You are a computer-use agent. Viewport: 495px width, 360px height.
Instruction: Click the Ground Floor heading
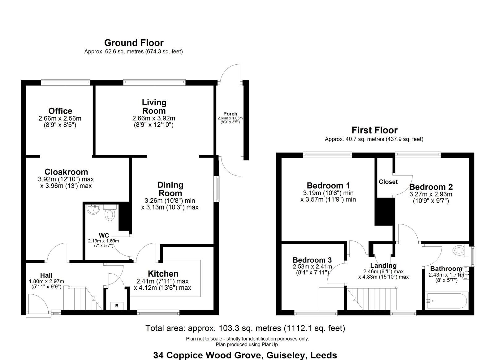pyautogui.click(x=134, y=43)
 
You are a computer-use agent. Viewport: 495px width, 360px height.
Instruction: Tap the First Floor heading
pyautogui.click(x=375, y=130)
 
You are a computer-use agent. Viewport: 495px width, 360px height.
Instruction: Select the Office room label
pyautogui.click(x=60, y=111)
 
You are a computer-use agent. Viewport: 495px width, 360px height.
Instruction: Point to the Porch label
pyautogui.click(x=230, y=114)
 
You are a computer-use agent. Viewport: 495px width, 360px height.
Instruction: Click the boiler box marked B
pyautogui.click(x=117, y=306)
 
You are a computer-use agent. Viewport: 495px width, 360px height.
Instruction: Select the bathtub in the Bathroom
pyautogui.click(x=446, y=301)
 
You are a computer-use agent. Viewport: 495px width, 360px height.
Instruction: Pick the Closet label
pyautogui.click(x=388, y=182)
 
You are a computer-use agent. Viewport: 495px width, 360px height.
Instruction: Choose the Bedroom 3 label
pyautogui.click(x=312, y=260)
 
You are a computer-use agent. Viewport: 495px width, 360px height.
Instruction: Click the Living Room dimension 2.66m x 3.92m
pyautogui.click(x=153, y=118)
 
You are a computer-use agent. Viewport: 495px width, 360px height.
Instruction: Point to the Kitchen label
pyautogui.click(x=163, y=274)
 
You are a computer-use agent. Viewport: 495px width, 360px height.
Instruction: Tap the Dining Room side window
pyautogui.click(x=218, y=189)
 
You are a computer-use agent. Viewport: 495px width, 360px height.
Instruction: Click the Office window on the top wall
pyautogui.click(x=66, y=82)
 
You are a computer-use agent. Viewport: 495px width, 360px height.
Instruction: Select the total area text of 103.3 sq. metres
pyautogui.click(x=245, y=328)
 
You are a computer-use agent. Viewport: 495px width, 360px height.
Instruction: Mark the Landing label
pyautogui.click(x=383, y=265)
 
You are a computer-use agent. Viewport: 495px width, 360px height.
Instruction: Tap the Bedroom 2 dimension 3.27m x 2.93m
pyautogui.click(x=431, y=194)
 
